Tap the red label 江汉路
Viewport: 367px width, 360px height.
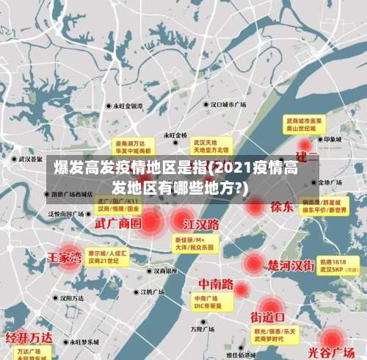(x=202, y=223)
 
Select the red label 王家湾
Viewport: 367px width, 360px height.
(x=65, y=258)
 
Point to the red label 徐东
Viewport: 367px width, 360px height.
(x=281, y=206)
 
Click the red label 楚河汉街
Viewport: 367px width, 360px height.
(x=291, y=264)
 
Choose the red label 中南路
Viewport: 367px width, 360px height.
(x=216, y=284)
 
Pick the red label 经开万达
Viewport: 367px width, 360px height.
(x=29, y=338)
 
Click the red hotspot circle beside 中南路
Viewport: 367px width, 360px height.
(x=241, y=289)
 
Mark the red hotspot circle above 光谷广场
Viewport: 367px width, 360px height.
(x=333, y=337)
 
